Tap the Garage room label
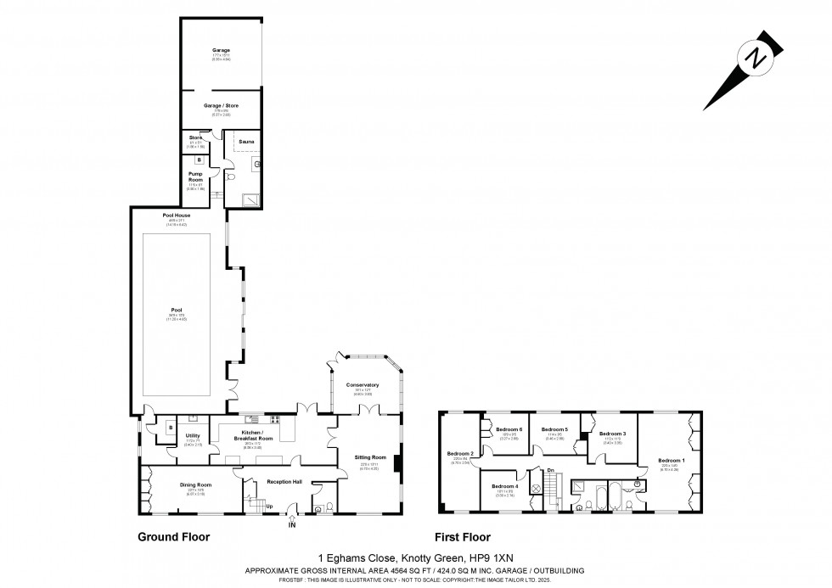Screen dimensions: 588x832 coord(221,51)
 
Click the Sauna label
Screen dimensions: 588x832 coord(245,142)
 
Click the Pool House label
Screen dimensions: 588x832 coord(177,216)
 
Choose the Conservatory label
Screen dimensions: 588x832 coord(363,384)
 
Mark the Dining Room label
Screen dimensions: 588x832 coord(195,484)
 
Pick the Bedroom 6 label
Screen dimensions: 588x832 coord(508,429)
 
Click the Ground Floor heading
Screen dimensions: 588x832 coord(173,537)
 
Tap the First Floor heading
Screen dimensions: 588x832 coord(463,537)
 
